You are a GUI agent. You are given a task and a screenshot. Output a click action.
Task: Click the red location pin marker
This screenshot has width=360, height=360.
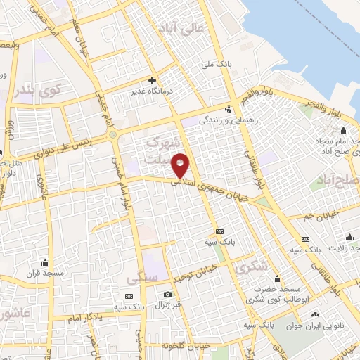[181, 165]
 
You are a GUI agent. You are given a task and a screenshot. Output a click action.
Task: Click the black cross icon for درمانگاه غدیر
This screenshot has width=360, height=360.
[152, 80]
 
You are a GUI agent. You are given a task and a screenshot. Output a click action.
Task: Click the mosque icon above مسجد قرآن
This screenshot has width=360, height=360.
[45, 262]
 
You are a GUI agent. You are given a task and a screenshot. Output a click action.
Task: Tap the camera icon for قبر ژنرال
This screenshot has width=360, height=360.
[167, 295]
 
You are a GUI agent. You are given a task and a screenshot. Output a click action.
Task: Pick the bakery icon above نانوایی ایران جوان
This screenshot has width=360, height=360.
[314, 314]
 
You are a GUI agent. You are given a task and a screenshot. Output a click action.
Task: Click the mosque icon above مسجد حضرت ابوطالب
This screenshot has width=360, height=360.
[277, 278]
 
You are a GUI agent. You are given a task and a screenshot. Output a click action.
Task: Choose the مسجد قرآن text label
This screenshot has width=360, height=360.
[45, 272]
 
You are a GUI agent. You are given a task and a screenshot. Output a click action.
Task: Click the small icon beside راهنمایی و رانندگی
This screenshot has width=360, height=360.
[228, 109]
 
